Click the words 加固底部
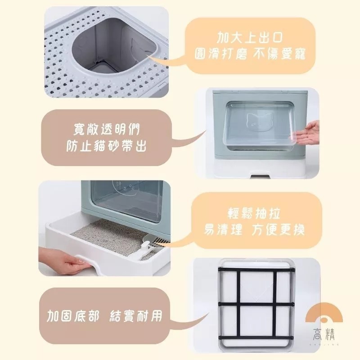coord(73,315)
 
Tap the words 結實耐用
coord(136,315)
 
